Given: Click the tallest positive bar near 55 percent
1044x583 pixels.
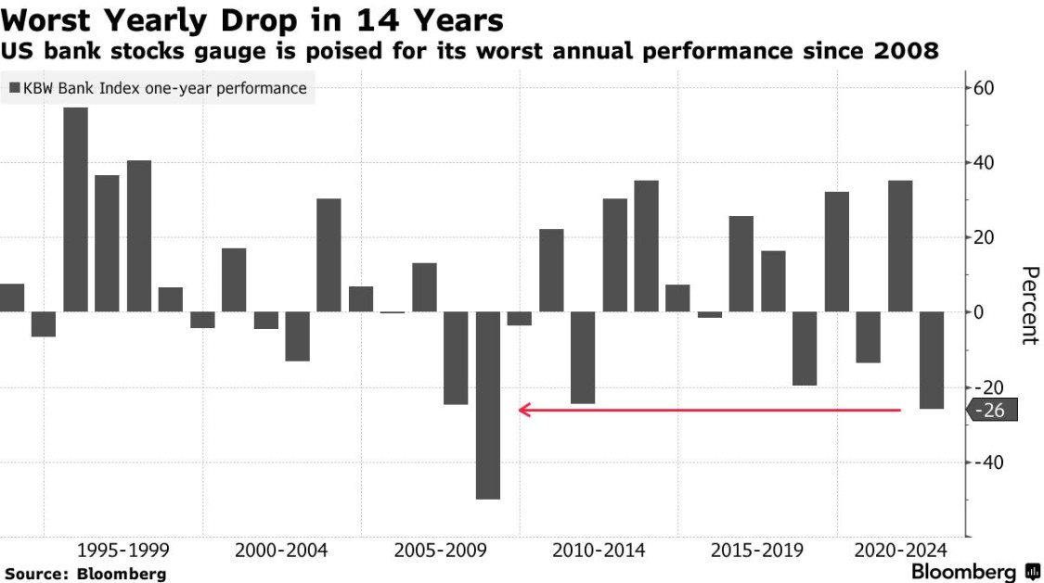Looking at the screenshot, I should (75, 209).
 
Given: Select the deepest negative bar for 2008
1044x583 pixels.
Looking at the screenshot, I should (488, 405).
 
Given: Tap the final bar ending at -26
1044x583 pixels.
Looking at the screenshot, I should (932, 360).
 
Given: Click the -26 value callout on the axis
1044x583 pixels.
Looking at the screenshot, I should (993, 410).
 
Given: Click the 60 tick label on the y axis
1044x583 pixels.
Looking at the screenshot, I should (984, 89).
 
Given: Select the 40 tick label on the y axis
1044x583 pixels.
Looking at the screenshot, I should (984, 163).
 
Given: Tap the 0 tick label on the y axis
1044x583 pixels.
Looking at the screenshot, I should (978, 312).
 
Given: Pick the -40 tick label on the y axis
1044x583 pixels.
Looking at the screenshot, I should (987, 462).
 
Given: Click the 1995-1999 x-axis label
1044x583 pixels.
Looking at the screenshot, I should (123, 550).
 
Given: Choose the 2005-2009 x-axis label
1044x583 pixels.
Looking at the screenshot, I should (440, 550).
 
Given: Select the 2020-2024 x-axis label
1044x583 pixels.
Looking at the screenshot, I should (900, 550).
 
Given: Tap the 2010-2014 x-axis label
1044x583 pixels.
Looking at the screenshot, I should (599, 550).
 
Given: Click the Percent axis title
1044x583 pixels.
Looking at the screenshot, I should (1028, 305).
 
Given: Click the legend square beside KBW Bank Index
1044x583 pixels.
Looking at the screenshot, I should (15, 89).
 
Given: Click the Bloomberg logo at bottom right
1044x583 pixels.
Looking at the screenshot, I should (975, 571).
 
